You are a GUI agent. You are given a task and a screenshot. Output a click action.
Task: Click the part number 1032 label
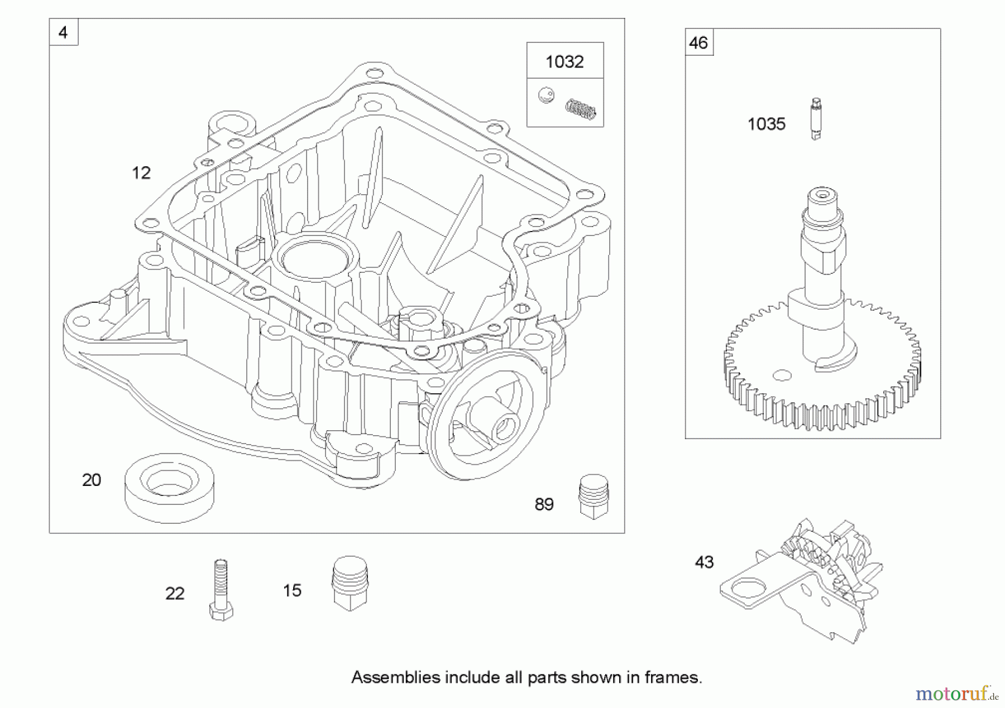tap(564, 61)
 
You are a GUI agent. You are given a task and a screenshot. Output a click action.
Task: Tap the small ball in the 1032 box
tap(546, 95)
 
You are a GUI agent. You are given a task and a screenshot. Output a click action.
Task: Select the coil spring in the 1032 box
tap(581, 109)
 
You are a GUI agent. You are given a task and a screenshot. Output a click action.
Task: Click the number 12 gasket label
tap(141, 173)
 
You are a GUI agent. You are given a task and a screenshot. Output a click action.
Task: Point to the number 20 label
tap(92, 480)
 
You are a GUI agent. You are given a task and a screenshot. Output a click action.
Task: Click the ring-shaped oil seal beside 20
tap(169, 488)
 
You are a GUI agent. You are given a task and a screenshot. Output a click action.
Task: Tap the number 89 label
tap(544, 504)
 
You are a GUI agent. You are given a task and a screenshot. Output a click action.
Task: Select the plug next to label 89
tap(594, 497)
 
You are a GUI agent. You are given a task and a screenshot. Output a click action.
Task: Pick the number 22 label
tap(175, 594)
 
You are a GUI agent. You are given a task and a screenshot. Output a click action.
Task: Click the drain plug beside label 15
tap(350, 583)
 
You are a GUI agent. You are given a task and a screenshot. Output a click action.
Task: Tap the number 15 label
tap(292, 590)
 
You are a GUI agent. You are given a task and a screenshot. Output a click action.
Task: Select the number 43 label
tap(704, 562)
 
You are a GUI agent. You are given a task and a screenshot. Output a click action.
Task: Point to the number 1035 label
tap(766, 124)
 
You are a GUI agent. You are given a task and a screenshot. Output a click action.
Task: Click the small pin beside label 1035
tap(816, 119)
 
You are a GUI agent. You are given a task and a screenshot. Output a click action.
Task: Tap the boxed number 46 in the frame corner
tap(698, 42)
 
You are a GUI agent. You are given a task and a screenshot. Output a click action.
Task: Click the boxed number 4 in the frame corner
tap(63, 32)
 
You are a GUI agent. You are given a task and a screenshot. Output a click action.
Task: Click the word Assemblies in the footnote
tap(395, 677)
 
